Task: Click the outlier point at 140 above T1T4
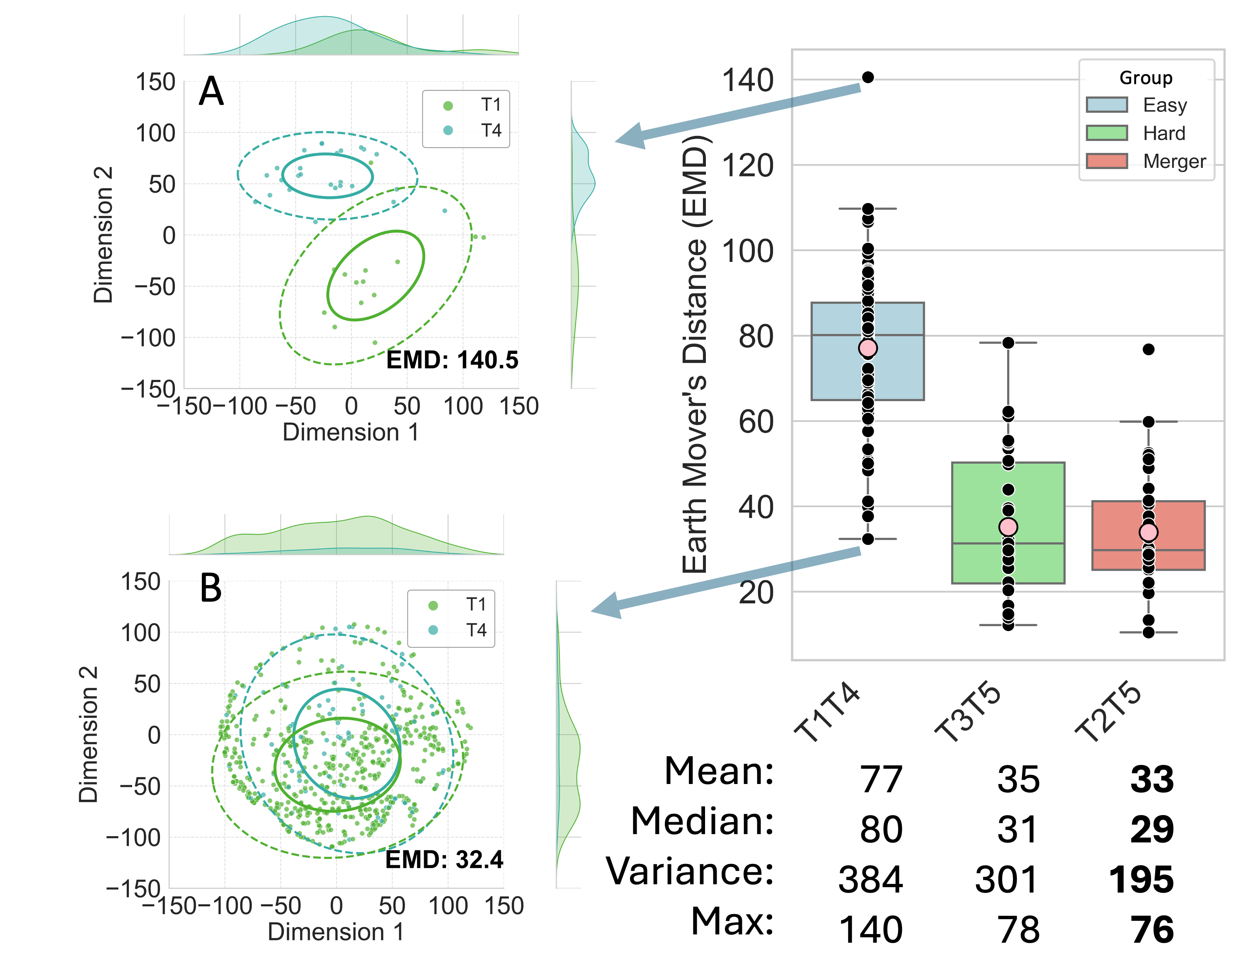[868, 77]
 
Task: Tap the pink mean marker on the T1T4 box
[868, 348]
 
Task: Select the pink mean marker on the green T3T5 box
[1008, 527]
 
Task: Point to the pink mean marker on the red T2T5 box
[1148, 532]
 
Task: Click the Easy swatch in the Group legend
[1107, 105]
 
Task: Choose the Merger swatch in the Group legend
[1107, 161]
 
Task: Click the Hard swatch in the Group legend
[1107, 133]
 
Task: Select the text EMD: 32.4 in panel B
[444, 859]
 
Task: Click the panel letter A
[211, 92]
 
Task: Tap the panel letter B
[211, 589]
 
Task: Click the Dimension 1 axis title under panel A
[351, 433]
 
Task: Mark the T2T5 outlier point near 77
[1148, 349]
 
